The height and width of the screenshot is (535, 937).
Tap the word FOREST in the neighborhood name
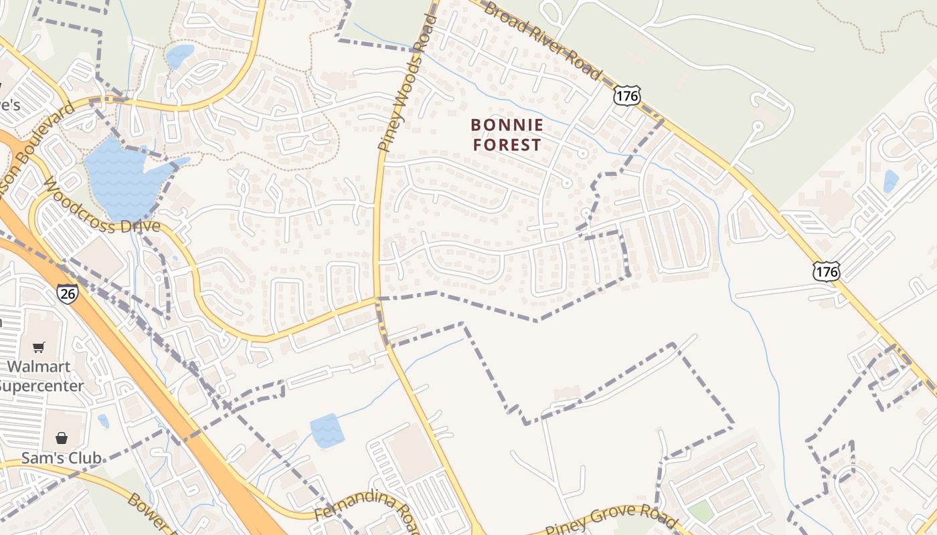pyautogui.click(x=507, y=144)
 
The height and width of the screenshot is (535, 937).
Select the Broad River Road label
pyautogui.click(x=542, y=40)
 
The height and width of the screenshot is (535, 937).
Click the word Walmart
pyautogui.click(x=39, y=366)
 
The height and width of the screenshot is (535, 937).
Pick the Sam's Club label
pyautogui.click(x=61, y=458)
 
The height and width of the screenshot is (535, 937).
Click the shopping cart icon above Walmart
pyautogui.click(x=39, y=347)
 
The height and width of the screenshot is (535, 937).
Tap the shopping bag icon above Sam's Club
pyautogui.click(x=62, y=438)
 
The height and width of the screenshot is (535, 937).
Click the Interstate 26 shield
pyautogui.click(x=67, y=294)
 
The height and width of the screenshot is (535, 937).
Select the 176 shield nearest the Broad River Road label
pyautogui.click(x=626, y=96)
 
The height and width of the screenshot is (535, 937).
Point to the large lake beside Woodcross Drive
pyautogui.click(x=124, y=177)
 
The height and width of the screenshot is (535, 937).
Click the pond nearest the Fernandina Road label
pyautogui.click(x=327, y=430)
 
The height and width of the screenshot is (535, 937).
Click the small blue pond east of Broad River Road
pyautogui.click(x=891, y=181)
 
